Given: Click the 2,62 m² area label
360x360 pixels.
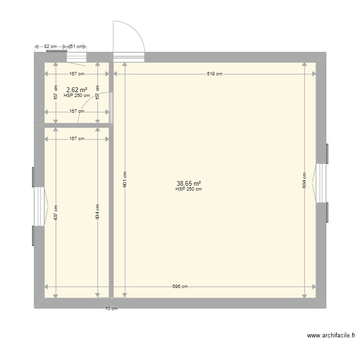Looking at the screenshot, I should tap(77, 90).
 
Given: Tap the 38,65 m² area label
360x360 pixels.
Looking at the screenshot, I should tap(189, 183).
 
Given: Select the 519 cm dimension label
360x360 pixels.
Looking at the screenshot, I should tap(215, 74).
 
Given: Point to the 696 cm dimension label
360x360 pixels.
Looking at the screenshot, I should tap(180, 287).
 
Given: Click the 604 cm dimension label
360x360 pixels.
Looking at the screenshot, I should tap(304, 180).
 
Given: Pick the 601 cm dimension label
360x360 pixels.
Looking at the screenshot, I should tap(125, 180).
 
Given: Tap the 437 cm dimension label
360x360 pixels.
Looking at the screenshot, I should tap(56, 213).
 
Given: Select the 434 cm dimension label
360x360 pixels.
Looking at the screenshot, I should tap(97, 213).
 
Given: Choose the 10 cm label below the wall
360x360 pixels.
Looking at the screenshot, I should tap(111, 309).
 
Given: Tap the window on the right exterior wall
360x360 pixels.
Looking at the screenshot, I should tap(321, 183).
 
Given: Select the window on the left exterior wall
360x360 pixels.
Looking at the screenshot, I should tap(39, 206).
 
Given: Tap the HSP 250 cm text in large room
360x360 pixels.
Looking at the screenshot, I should tap(189, 189).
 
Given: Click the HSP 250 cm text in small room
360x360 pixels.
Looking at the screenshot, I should tap(77, 95).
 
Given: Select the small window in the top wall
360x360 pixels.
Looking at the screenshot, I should tap(75, 57).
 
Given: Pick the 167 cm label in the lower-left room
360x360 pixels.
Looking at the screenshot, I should tap(77, 139).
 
